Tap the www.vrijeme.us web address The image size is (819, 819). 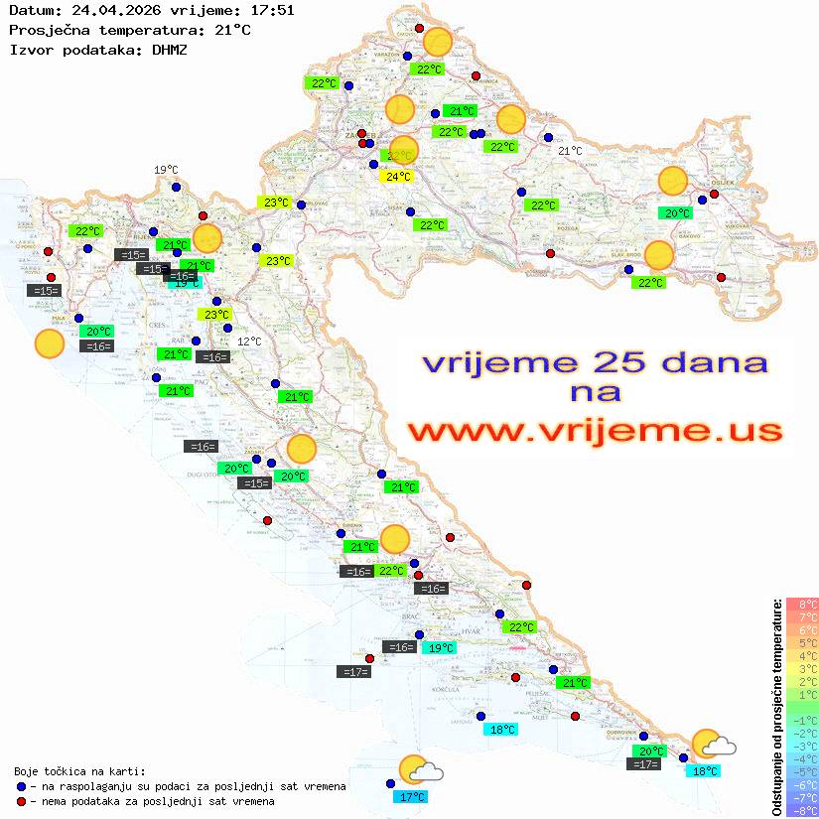click(595, 431)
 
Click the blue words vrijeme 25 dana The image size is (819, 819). click(595, 362)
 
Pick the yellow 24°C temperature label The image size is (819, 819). click(397, 177)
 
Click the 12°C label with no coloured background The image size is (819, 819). click(249, 341)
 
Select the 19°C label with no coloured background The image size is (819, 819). click(166, 170)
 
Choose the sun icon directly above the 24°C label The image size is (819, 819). click(404, 151)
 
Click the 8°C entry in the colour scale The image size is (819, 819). click(802, 605)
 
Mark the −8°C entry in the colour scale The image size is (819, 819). click(802, 811)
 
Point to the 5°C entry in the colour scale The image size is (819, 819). click(802, 643)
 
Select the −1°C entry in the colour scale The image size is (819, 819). click(802, 721)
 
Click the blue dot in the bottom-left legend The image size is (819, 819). click(22, 786)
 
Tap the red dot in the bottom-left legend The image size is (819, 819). click(22, 801)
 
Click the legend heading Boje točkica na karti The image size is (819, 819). click(79, 771)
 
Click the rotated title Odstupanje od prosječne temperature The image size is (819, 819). click(776, 708)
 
